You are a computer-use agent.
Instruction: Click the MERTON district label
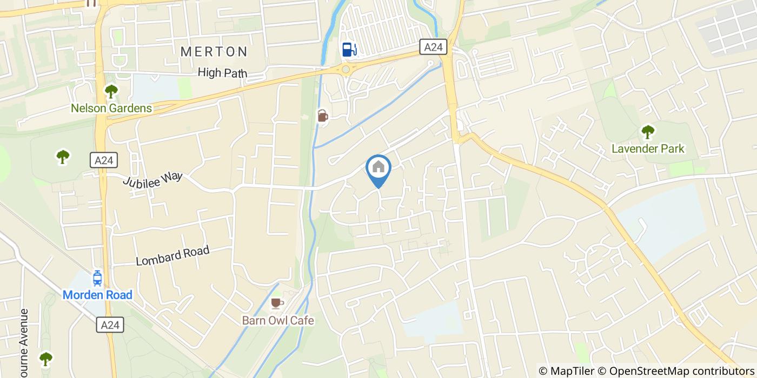pos(214,52)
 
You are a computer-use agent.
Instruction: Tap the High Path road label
pos(222,73)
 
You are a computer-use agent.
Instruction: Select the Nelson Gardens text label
pos(111,108)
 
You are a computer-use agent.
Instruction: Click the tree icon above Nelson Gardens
pos(111,91)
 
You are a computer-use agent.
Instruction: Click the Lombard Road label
pos(172,256)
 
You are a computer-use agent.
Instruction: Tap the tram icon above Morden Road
pos(97,278)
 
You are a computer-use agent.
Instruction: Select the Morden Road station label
pos(97,295)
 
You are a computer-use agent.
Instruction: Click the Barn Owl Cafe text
pos(277,320)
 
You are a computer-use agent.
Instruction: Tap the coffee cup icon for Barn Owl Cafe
pos(277,303)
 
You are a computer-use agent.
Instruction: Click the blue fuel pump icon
pos(349,49)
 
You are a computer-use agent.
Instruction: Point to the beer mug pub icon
pos(322,116)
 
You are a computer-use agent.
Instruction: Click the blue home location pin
pos(378,168)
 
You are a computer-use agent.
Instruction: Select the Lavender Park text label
pos(648,148)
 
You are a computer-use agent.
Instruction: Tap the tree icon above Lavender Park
pos(647,131)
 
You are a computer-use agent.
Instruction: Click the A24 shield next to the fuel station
pos(433,48)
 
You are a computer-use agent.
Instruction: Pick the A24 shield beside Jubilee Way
pos(103,160)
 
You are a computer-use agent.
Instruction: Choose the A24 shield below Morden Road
pos(111,325)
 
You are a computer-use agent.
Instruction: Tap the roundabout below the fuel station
pos(346,69)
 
